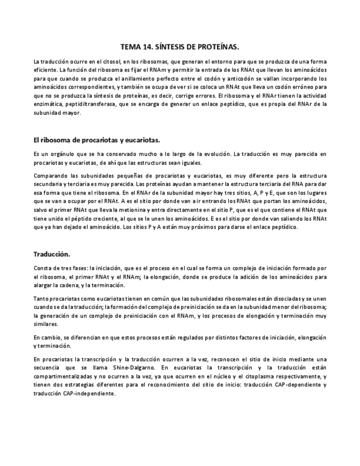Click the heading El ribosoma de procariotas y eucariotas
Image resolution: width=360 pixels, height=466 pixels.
click(97, 140)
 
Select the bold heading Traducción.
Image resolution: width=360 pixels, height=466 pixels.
click(52, 254)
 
